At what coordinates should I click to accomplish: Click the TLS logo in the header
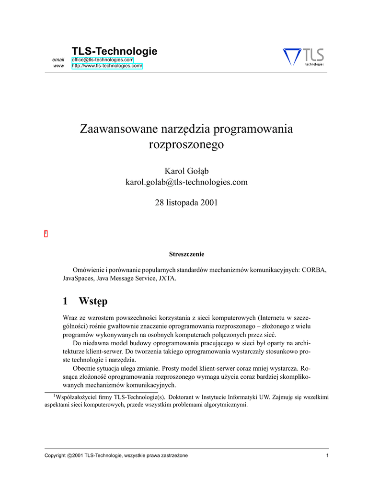(304, 57)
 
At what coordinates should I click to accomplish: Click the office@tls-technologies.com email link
(103, 59)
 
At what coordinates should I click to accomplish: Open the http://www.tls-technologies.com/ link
(107, 66)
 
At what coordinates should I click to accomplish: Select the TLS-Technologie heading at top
(114, 51)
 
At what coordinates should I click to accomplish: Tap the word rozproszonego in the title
(186, 144)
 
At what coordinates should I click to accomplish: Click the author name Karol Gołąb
(186, 171)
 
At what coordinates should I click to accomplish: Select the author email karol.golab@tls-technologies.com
(186, 182)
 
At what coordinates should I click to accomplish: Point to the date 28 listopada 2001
(186, 202)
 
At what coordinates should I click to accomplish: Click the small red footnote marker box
(46, 234)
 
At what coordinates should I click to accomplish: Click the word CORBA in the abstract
(314, 270)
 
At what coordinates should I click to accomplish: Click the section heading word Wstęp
(93, 302)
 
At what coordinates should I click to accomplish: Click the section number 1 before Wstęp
(65, 301)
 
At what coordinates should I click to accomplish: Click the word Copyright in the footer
(55, 455)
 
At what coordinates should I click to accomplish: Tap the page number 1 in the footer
(327, 455)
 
